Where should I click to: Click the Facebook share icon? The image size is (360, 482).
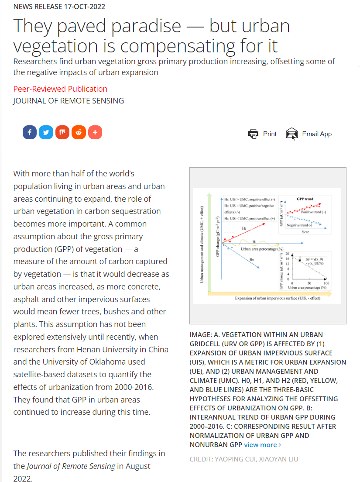tap(30, 132)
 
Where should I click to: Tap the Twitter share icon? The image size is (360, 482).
tap(46, 132)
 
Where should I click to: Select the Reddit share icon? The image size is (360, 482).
tap(79, 132)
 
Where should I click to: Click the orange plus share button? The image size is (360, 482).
tap(95, 132)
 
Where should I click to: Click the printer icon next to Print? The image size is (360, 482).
tap(253, 134)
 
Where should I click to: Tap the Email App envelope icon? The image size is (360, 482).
tap(291, 134)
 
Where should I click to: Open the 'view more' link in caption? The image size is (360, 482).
tap(262, 444)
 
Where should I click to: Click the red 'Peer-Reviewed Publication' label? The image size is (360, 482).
tap(60, 89)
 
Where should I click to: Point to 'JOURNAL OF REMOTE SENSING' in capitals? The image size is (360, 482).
tap(69, 101)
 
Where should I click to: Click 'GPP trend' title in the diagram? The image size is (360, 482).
tap(305, 199)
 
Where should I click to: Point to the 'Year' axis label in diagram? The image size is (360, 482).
tap(305, 232)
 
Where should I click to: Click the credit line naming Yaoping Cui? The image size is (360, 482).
tap(244, 459)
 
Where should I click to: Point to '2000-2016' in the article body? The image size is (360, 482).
tap(131, 387)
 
